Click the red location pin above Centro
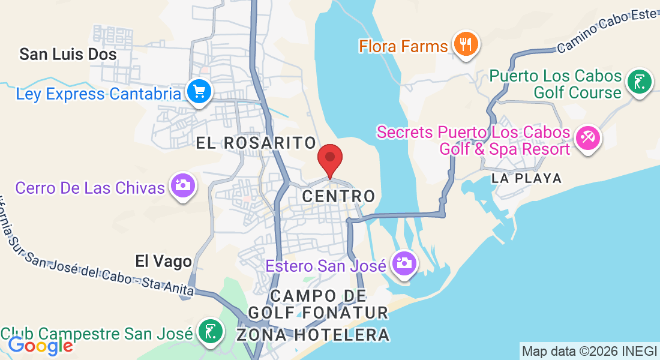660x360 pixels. (x=329, y=159)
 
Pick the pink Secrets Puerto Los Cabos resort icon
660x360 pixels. (x=586, y=139)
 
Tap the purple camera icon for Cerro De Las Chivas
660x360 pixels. (x=182, y=185)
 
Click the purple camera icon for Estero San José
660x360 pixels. (x=404, y=263)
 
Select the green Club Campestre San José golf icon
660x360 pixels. (x=210, y=331)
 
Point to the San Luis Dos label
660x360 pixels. (x=68, y=55)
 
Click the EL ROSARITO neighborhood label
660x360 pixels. (x=257, y=143)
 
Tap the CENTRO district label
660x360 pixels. (x=339, y=196)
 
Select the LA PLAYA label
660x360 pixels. (x=526, y=178)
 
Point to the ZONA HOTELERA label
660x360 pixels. (x=313, y=335)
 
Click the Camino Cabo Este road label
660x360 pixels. (x=607, y=31)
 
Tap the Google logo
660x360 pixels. (x=40, y=346)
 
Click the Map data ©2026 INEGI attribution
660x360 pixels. (x=589, y=351)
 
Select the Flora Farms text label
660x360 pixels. (x=404, y=46)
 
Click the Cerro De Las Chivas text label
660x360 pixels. (x=90, y=188)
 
